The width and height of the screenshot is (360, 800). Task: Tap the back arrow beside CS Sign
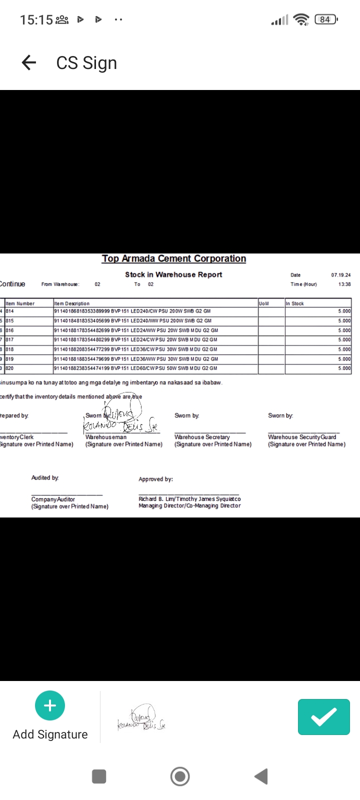click(x=29, y=62)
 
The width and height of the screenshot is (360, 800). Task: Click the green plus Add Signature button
click(x=50, y=705)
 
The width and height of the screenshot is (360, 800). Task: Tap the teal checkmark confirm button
click(x=323, y=717)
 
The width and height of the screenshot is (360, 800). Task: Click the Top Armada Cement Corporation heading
click(x=174, y=258)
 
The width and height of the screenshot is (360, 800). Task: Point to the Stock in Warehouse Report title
click(x=173, y=274)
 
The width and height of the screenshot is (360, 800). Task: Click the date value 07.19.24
click(x=340, y=275)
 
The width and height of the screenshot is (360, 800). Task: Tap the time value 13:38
click(x=344, y=284)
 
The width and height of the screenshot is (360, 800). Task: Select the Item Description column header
click(x=72, y=303)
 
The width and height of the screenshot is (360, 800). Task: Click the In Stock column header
click(x=295, y=303)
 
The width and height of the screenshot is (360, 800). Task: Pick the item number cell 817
click(x=10, y=339)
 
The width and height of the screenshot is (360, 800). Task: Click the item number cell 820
click(x=10, y=368)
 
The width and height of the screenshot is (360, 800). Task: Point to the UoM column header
click(x=264, y=303)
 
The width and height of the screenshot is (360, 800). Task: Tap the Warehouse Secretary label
click(x=202, y=437)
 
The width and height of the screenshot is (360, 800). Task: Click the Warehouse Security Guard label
click(x=302, y=437)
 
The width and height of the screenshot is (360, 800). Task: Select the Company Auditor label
click(x=53, y=499)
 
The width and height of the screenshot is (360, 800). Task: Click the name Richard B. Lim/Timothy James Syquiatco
click(x=189, y=499)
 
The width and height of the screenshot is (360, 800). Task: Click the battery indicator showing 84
click(x=325, y=19)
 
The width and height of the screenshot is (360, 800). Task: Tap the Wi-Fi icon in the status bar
click(x=301, y=19)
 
